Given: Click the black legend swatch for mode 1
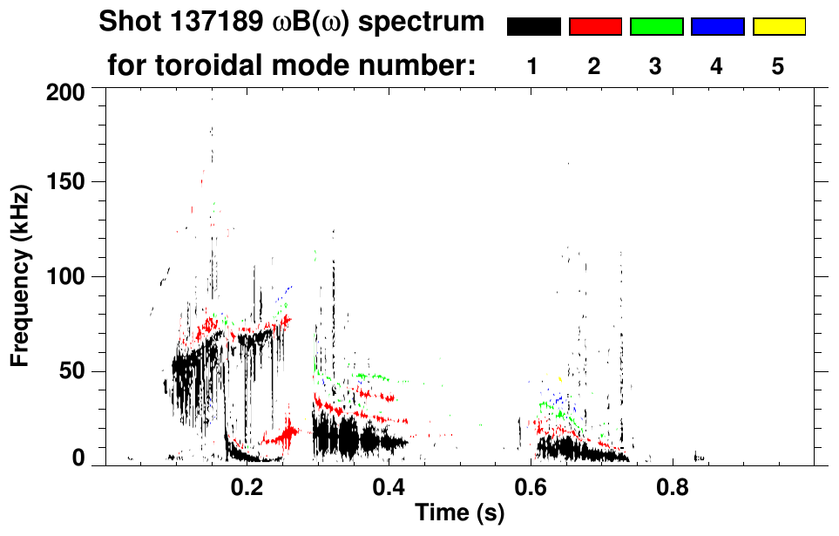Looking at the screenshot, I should [x=533, y=27].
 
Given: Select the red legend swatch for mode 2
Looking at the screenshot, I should [x=595, y=27].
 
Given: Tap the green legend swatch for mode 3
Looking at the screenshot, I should [x=656, y=27].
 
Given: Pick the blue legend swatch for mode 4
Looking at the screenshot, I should [x=717, y=27].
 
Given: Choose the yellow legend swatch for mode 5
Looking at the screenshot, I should [x=779, y=27].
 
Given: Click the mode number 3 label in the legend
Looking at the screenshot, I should [x=655, y=66].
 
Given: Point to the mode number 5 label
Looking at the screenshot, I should [x=778, y=66].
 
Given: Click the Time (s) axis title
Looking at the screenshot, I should [x=459, y=513].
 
